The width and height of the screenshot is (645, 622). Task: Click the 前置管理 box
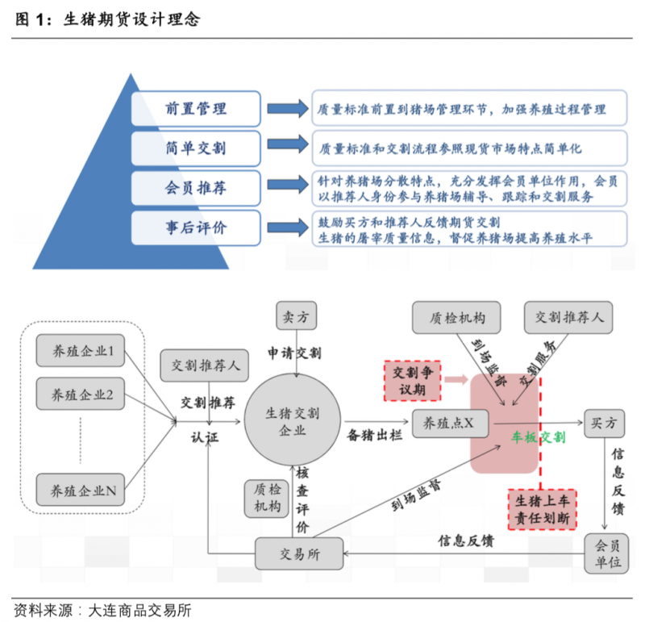pyautogui.click(x=195, y=108)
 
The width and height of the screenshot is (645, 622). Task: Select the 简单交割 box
pyautogui.click(x=195, y=148)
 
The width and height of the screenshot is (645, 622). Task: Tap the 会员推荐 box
pyautogui.click(x=195, y=188)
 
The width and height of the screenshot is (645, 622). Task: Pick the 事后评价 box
pyautogui.click(x=195, y=228)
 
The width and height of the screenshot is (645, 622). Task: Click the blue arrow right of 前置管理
pyautogui.click(x=285, y=108)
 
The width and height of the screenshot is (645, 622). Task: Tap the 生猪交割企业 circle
pyautogui.click(x=293, y=422)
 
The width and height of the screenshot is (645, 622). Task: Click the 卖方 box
pyautogui.click(x=299, y=317)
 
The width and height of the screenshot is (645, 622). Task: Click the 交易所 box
pyautogui.click(x=299, y=553)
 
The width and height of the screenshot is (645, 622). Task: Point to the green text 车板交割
pyautogui.click(x=538, y=436)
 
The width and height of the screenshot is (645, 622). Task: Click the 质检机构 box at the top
pyautogui.click(x=452, y=317)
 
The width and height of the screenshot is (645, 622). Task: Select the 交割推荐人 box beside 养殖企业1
pyautogui.click(x=205, y=365)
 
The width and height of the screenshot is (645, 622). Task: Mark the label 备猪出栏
pyautogui.click(x=373, y=435)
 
